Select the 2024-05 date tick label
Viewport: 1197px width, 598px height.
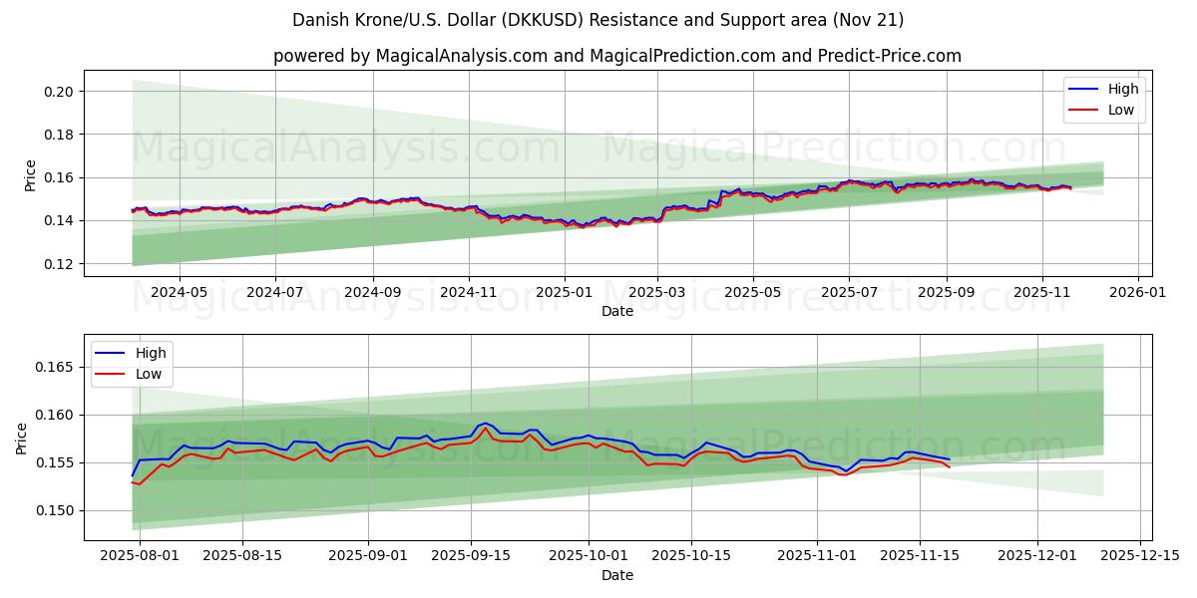(180, 293)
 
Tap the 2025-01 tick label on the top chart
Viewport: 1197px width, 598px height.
(564, 293)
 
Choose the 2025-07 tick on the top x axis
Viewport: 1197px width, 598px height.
(849, 293)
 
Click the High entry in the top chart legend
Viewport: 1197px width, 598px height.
(1123, 89)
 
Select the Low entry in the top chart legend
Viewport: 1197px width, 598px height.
(1121, 110)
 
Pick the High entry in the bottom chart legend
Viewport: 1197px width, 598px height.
(151, 353)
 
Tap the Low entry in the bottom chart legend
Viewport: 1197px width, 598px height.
(149, 374)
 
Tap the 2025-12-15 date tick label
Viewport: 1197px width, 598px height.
(1140, 556)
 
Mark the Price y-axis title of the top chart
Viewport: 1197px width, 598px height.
(31, 174)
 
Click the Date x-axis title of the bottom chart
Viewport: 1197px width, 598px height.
(617, 575)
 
